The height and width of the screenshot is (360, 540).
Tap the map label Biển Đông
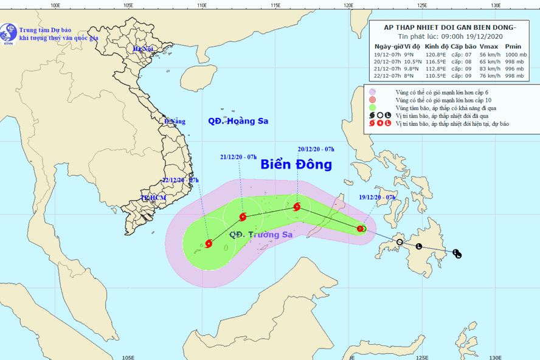pos(296,165)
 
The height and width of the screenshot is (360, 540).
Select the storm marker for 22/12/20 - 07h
pos(209,244)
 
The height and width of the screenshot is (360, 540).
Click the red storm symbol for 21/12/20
pos(243,216)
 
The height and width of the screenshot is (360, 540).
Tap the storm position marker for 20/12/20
pos(297,207)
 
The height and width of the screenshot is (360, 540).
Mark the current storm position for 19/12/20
pos(361,229)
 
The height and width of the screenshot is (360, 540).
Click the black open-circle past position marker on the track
pos(400,243)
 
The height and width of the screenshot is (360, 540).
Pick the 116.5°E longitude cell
pos(435,61)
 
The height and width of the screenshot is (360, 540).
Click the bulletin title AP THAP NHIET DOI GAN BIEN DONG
pos(449,27)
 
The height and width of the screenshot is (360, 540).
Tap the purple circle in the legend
pos(372,92)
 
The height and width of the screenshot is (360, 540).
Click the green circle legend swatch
pos(372,108)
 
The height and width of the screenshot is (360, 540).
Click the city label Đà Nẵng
pos(175,122)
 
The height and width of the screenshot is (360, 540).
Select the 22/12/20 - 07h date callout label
pos(180,180)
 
